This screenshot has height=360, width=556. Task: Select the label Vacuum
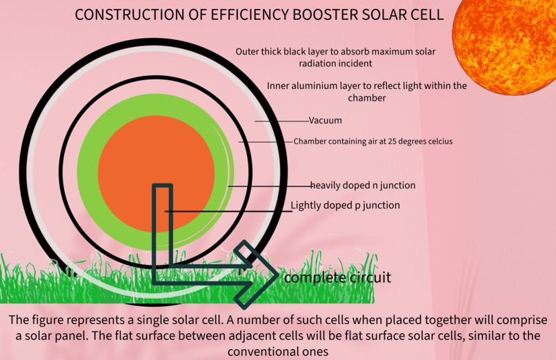pos(325,121)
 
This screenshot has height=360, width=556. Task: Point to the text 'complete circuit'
pos(337,278)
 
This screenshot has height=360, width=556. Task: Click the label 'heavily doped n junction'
pos(363,186)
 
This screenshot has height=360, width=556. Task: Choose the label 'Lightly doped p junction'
pos(345,206)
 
